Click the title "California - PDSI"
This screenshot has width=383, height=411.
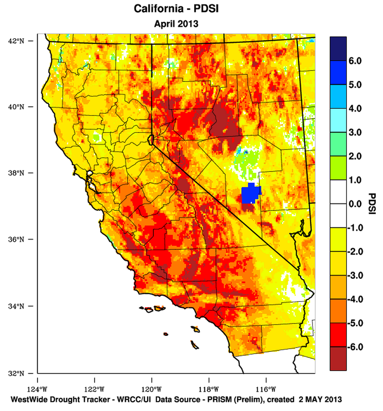[x=176, y=9]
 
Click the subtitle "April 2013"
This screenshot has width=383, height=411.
[x=176, y=24]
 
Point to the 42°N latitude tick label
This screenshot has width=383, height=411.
[x=16, y=41]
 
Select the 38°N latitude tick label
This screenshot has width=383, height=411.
[x=16, y=173]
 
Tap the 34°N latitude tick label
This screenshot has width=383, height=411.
[x=16, y=306]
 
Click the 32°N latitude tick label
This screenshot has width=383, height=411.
[x=16, y=373]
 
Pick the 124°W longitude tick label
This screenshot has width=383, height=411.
[x=38, y=389]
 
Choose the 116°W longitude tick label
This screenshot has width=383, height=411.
[x=266, y=389]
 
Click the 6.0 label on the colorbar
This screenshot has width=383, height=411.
[x=355, y=61]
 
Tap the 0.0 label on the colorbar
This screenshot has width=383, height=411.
[x=355, y=204]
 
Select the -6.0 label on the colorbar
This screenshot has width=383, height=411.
[x=355, y=347]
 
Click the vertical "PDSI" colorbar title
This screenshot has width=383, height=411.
[x=372, y=204]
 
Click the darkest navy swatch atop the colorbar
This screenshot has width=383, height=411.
[x=338, y=49]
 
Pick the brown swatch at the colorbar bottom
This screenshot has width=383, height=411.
[x=338, y=359]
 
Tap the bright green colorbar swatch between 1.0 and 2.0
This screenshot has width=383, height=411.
[x=338, y=168]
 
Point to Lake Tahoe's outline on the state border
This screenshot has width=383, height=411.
[x=151, y=140]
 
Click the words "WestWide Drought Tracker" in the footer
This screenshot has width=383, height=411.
[x=60, y=399]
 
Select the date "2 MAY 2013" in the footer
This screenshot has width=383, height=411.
[x=320, y=399]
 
